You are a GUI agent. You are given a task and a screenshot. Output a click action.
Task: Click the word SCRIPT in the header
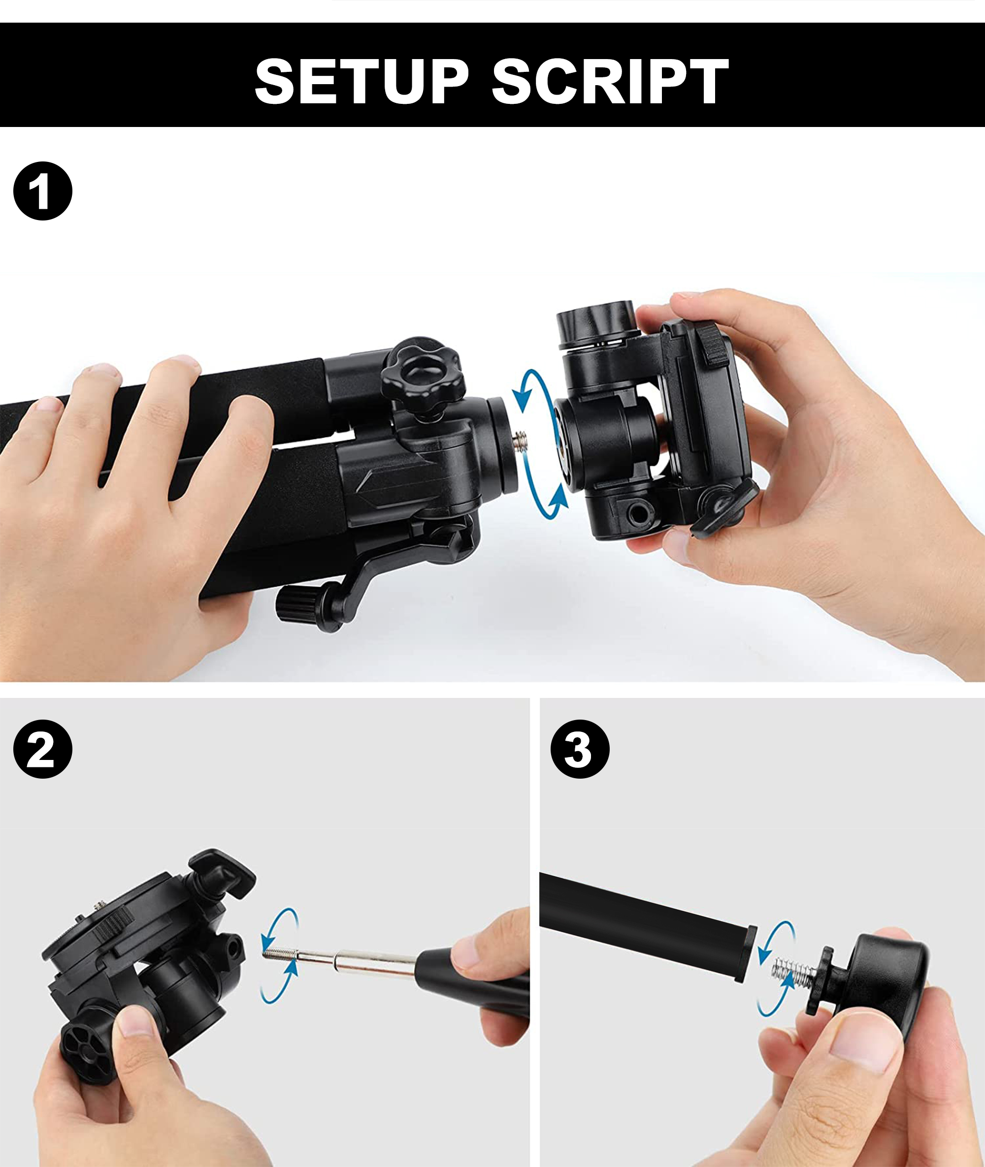[x=610, y=82]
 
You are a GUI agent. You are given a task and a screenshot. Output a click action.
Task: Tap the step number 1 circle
[x=42, y=191]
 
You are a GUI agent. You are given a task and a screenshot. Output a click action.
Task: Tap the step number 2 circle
[x=42, y=750]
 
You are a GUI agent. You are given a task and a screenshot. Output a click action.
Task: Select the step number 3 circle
[x=580, y=750]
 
